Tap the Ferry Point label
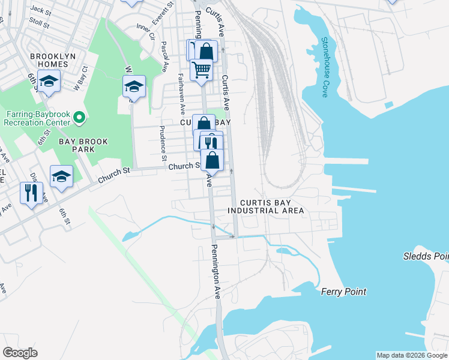pos(343,292)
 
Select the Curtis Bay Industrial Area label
pos(266,206)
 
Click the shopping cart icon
pos(202,70)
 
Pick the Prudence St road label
pos(162,144)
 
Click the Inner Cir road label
pos(145,29)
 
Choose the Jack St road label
pos(41,10)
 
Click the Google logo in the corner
pos(20,353)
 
